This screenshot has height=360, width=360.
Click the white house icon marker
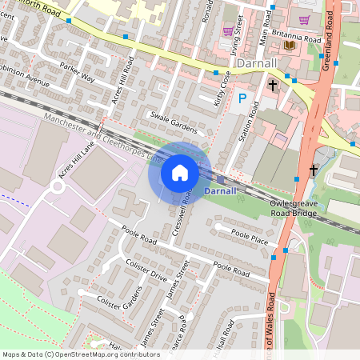click(x=180, y=172)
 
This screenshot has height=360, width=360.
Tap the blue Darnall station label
click(x=220, y=192)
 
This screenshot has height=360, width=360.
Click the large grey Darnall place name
click(x=257, y=62)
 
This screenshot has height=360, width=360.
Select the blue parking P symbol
click(x=242, y=98)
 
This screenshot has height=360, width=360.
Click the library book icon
click(x=288, y=45)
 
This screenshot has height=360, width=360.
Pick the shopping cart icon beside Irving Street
click(x=228, y=30)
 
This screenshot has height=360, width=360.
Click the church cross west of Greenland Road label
click(x=273, y=84)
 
